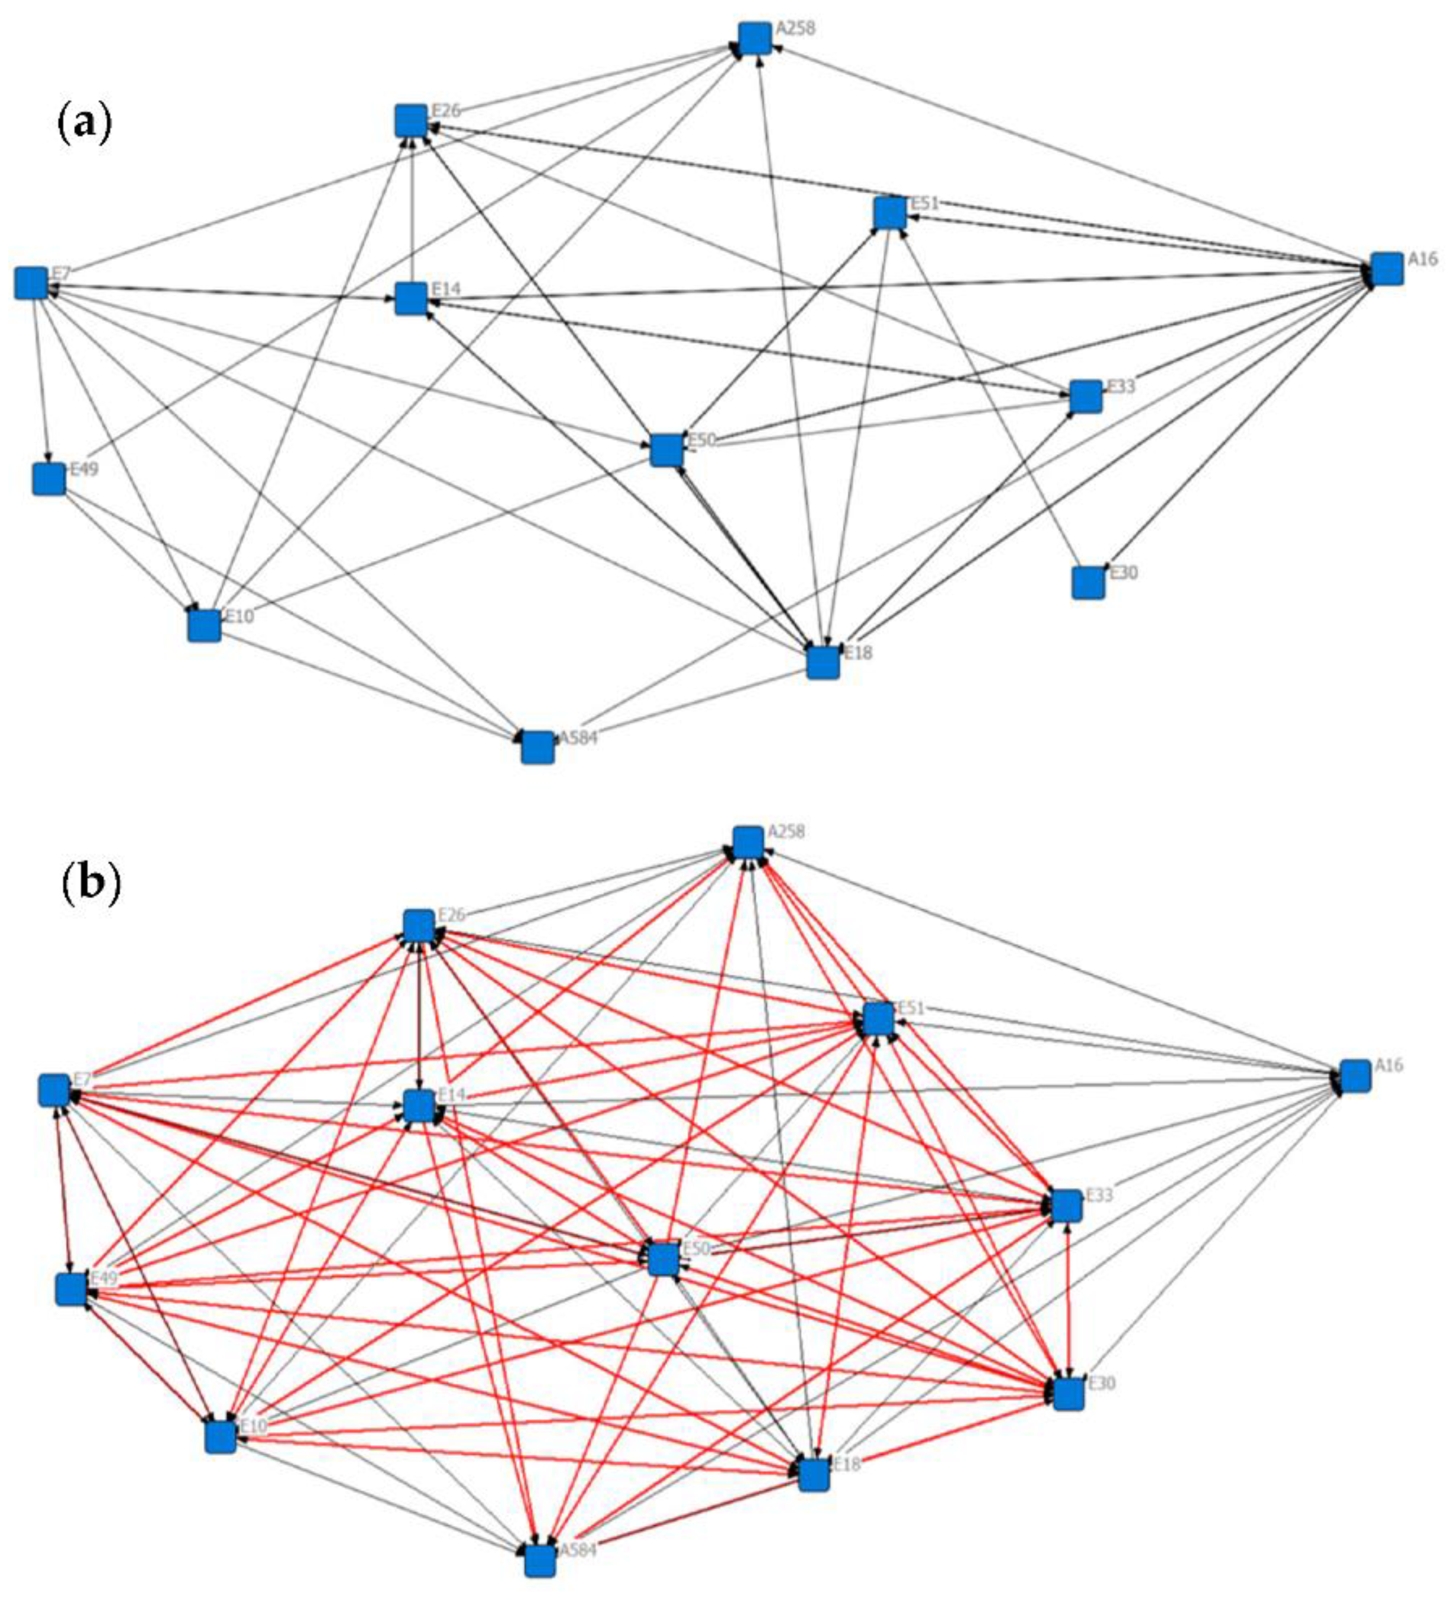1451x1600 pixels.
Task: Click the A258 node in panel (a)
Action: [x=754, y=38]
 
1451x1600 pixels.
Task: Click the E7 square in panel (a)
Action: [x=31, y=283]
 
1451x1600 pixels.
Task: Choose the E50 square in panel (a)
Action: [x=666, y=450]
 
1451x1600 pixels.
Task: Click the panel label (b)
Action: [x=91, y=883]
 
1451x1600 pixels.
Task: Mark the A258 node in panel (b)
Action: [x=748, y=842]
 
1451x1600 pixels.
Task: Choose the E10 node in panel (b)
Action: [x=221, y=1436]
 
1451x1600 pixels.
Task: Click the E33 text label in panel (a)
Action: [x=1121, y=387]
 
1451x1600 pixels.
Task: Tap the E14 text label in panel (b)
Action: [x=451, y=1094]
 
